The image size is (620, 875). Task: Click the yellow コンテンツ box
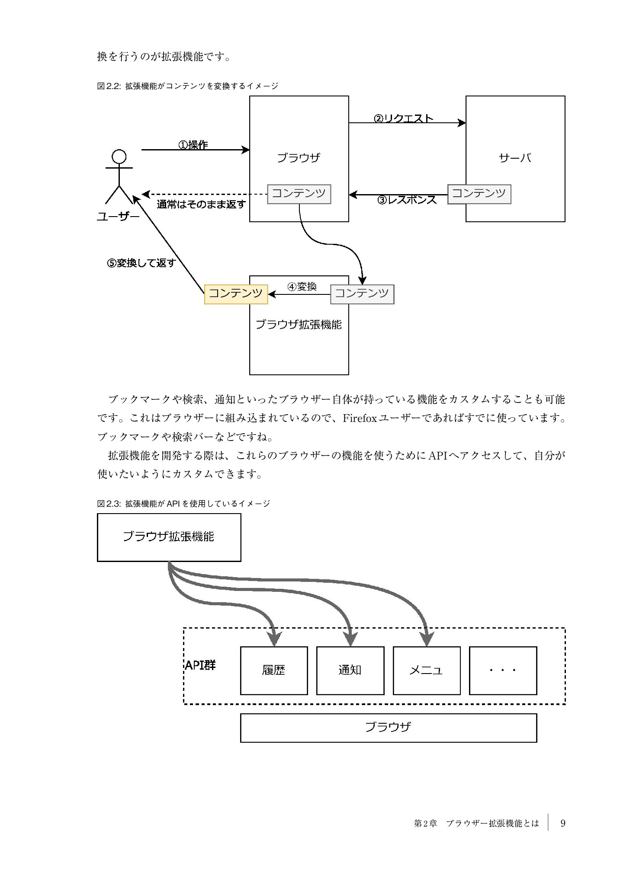236,294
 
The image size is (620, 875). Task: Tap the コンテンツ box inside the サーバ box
479,194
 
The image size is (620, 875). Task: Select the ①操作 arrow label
193,145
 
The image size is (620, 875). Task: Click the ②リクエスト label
403,118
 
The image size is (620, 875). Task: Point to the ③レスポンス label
407,200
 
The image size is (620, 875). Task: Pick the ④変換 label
302,287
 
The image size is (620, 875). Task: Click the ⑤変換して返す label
141,263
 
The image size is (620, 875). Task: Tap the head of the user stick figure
119,156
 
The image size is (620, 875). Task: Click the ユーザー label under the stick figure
118,217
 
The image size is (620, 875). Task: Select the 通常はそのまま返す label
201,204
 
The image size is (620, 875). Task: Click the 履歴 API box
274,671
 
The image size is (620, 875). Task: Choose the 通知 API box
350,671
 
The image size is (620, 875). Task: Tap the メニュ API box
426,671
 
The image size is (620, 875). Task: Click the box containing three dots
503,671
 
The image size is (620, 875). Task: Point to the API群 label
200,665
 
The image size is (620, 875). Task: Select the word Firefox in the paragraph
360,418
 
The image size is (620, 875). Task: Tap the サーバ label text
515,158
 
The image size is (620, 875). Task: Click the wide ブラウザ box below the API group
388,728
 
